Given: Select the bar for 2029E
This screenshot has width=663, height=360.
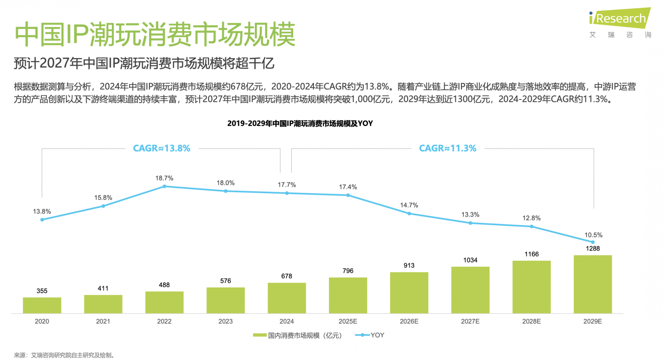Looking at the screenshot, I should click(x=592, y=284).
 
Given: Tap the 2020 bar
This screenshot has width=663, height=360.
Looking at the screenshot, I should click(x=42, y=305).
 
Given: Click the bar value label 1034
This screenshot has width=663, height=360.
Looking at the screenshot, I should click(x=470, y=260).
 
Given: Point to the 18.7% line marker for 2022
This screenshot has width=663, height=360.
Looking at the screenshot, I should click(x=164, y=187).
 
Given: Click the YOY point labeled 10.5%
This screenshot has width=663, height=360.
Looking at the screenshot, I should click(x=593, y=242).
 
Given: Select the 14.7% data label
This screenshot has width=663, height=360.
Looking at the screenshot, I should click(x=409, y=205).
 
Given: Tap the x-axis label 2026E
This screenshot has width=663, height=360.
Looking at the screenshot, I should click(x=409, y=321).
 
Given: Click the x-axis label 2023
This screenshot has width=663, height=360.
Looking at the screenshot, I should click(x=225, y=321).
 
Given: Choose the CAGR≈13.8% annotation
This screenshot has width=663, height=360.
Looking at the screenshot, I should click(x=162, y=148).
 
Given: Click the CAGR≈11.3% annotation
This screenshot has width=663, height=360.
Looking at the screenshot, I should click(x=447, y=148).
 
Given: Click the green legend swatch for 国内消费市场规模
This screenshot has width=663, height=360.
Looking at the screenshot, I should click(x=259, y=335).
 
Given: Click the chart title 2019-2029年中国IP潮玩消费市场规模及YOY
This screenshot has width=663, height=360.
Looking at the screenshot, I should click(x=300, y=123).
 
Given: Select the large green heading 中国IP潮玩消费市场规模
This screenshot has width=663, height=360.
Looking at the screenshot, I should click(x=155, y=34).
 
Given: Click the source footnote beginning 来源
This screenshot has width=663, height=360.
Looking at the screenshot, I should click(x=64, y=355).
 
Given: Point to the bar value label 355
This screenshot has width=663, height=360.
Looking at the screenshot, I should click(x=42, y=291).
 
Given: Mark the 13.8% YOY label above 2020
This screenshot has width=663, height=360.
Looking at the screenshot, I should click(x=42, y=211).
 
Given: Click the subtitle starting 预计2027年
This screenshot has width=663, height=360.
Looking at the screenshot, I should click(x=144, y=63).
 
